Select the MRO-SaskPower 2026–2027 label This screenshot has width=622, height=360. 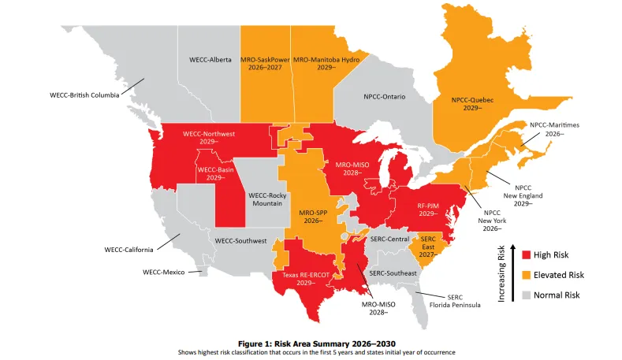264,64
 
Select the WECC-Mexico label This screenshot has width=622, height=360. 163,272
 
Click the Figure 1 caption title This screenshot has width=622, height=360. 311,343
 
